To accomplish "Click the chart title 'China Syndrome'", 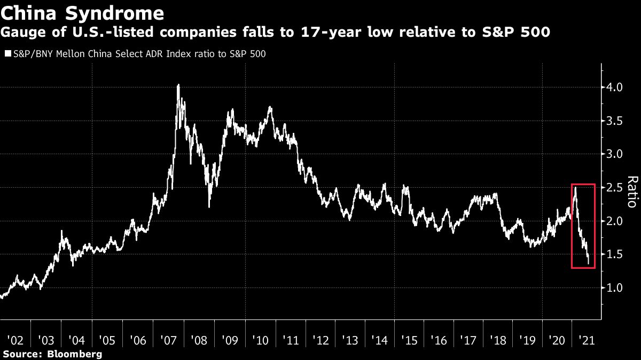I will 82,12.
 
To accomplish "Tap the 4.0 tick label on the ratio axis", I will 615,87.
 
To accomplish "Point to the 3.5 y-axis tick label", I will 615,121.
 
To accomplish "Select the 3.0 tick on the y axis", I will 615,154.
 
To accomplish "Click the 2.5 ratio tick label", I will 615,188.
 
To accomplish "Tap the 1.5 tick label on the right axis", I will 615,254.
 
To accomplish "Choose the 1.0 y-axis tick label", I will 615,288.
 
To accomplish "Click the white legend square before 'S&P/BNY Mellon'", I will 7,54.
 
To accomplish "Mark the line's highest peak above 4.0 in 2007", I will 178,85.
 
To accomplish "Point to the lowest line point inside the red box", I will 589,263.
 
